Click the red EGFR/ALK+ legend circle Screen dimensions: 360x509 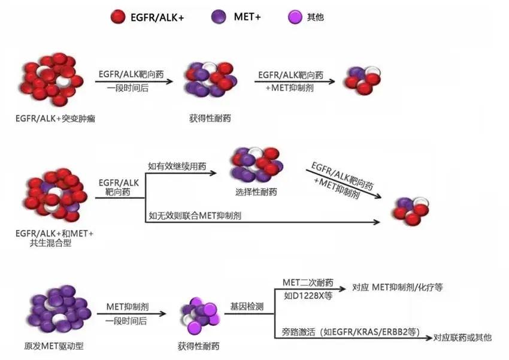[118, 16]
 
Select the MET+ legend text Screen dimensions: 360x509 [247, 17]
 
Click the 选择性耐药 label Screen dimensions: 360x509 [256, 193]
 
